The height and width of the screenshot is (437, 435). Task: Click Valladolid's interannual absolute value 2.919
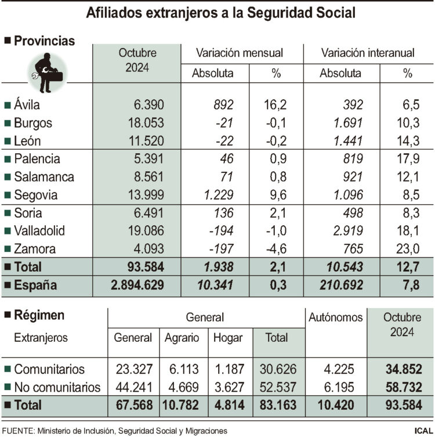tap(347, 230)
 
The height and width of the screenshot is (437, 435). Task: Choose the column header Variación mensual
tap(240, 53)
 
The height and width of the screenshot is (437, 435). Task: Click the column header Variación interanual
tap(368, 53)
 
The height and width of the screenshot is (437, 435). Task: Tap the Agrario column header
tap(181, 338)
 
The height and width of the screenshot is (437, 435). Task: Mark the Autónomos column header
tap(335, 317)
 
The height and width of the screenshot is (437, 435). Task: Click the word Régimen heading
tap(39, 316)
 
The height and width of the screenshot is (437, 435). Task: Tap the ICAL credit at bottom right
tap(422, 431)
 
